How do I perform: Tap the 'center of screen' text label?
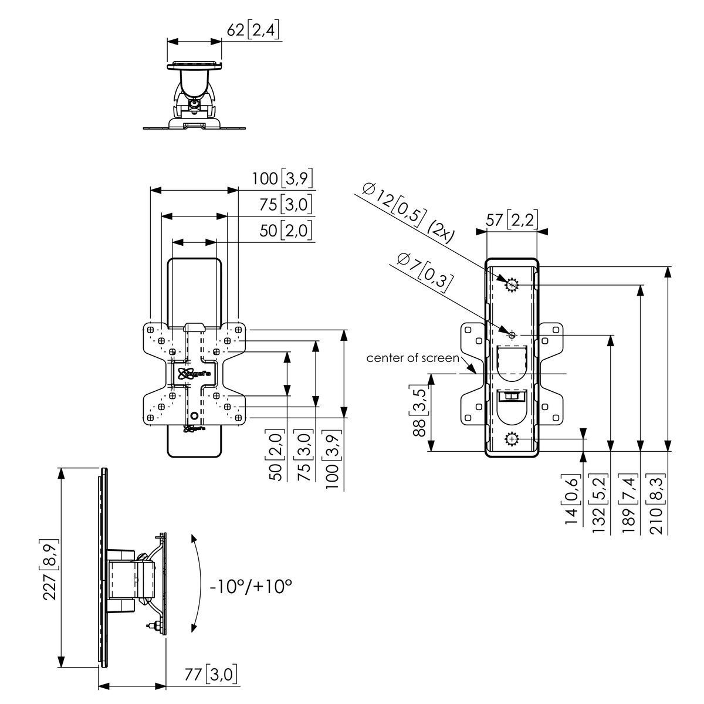(412, 358)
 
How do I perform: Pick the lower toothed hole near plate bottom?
(512, 438)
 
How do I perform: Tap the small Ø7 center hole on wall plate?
(512, 335)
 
